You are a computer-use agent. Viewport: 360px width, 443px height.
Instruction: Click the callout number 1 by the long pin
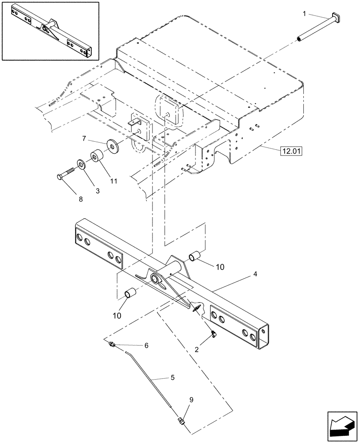[305, 15]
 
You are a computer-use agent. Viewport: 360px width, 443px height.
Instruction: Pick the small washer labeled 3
[82, 164]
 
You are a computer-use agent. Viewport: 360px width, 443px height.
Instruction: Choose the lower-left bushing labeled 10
[130, 294]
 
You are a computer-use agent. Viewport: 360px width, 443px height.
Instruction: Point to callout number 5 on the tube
[172, 378]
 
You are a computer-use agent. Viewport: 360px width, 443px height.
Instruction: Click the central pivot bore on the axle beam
[155, 279]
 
